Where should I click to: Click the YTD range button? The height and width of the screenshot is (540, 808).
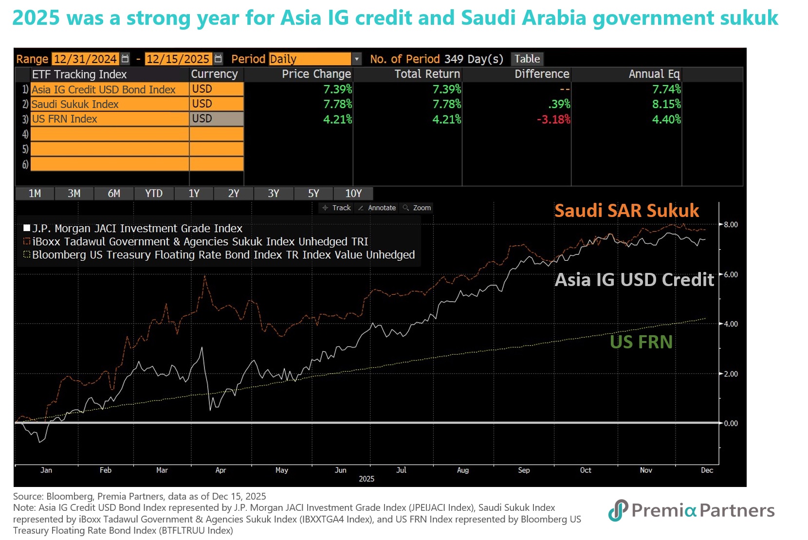(154, 194)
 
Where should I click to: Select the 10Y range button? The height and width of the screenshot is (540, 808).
(353, 194)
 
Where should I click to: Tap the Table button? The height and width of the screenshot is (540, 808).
(527, 59)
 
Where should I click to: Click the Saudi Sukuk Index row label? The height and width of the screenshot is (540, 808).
(75, 104)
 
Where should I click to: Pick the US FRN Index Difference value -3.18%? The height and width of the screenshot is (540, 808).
(553, 119)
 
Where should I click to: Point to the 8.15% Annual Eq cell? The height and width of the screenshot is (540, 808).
(666, 104)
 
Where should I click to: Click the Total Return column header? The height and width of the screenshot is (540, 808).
(427, 74)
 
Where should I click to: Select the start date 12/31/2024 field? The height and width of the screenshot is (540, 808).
(86, 59)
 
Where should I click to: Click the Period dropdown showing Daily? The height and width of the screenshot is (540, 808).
(314, 59)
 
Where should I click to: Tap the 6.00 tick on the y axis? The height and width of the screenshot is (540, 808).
(731, 275)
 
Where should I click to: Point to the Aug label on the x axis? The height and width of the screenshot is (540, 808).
(463, 470)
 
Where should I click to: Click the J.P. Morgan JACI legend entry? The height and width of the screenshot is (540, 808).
(137, 228)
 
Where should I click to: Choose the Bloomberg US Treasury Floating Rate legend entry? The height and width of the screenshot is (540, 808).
(223, 255)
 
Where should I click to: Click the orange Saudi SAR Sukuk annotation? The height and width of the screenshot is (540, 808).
(626, 211)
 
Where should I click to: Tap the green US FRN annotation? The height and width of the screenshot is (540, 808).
(641, 342)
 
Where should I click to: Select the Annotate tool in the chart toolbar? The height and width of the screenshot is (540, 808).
(377, 208)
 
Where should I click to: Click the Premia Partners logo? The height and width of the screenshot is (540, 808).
(691, 510)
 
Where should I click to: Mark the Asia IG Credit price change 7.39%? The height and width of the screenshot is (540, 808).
(337, 90)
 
